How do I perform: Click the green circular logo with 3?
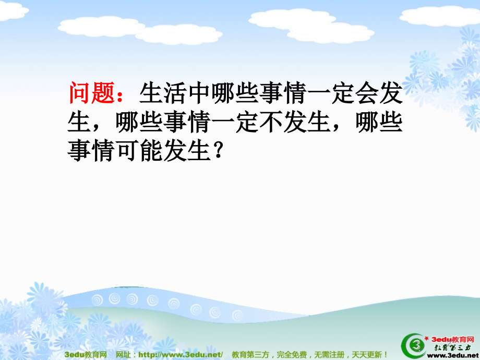pyautogui.click(x=413, y=345)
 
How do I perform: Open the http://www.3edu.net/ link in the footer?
pyautogui.click(x=181, y=355)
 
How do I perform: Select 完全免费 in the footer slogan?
pyautogui.click(x=292, y=355)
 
